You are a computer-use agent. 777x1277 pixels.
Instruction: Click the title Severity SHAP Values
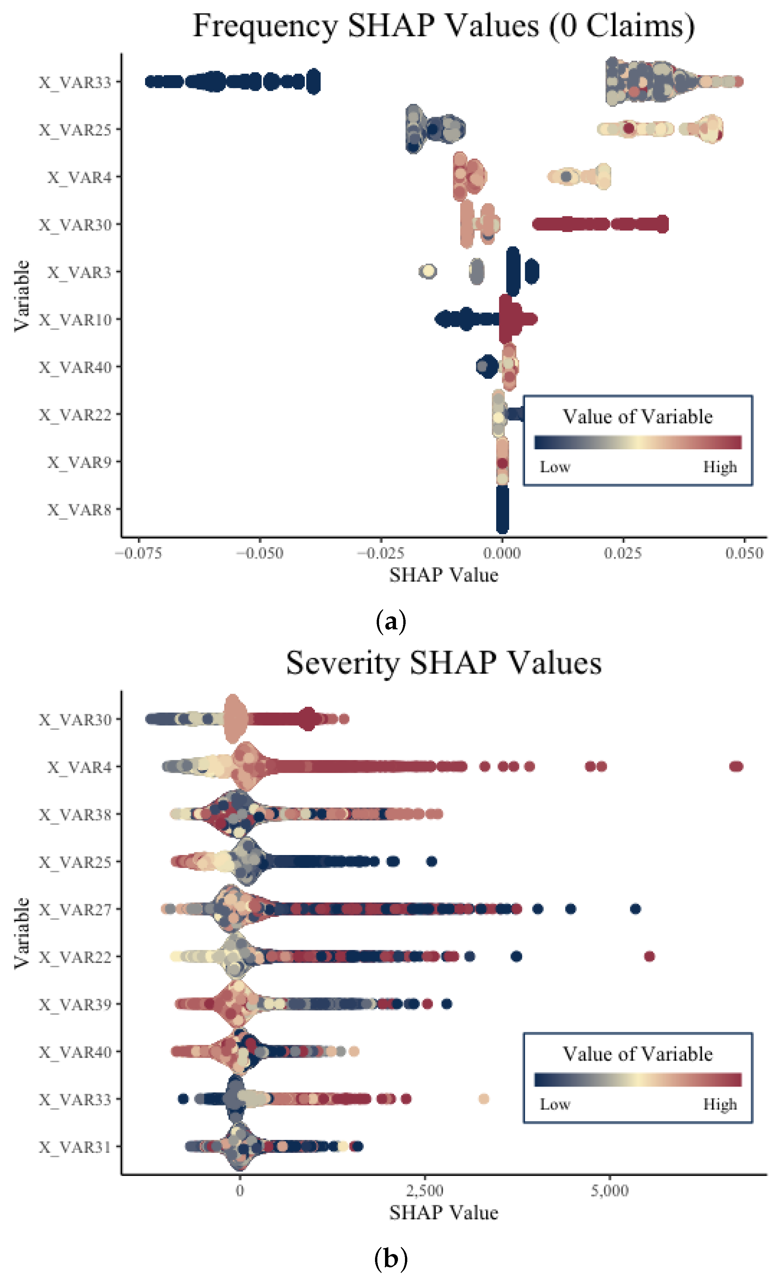tap(443, 663)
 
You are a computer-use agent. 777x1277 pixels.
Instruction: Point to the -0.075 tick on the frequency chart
tap(138, 553)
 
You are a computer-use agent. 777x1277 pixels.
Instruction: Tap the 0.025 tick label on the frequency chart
tap(623, 553)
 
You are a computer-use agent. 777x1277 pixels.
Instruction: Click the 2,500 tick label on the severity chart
tap(424, 1190)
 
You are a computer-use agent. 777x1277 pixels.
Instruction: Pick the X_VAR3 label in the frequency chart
tap(79, 273)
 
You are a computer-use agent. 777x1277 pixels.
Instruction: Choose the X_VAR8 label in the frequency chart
tap(79, 510)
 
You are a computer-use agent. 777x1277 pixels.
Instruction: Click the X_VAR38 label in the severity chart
tap(75, 815)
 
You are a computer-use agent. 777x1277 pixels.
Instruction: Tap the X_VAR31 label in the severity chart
tap(75, 1147)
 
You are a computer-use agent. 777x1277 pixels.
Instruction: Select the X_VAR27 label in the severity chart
tap(75, 910)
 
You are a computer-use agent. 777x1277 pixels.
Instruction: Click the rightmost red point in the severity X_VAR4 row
tap(736, 766)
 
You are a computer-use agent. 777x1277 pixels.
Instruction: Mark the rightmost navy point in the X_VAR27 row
tap(636, 909)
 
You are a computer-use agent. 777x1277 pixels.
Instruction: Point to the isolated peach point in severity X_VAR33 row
tap(484, 1099)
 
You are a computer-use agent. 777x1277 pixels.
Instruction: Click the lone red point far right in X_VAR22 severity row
tap(650, 956)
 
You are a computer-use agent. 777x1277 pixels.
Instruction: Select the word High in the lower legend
tap(719, 1104)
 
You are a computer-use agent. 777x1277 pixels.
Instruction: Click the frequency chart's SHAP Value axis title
tap(443, 575)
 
